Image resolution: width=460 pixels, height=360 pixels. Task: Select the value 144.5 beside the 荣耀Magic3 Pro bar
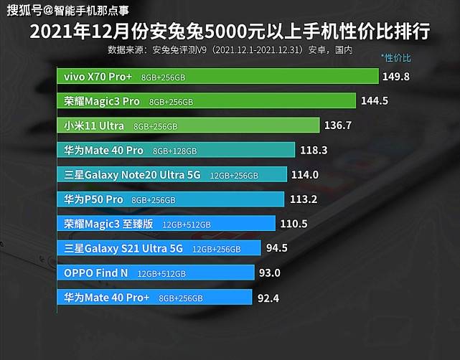(x=374, y=101)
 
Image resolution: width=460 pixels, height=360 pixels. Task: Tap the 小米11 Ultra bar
(x=188, y=125)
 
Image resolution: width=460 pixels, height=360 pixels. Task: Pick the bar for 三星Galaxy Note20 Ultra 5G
(x=172, y=174)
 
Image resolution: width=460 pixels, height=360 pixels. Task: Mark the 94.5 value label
(x=276, y=248)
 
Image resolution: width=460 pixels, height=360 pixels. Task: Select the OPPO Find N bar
(x=156, y=273)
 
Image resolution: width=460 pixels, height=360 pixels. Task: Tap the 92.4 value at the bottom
(x=269, y=297)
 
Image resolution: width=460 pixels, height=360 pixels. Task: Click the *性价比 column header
(x=395, y=56)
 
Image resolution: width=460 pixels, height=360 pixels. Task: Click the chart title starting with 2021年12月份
(x=230, y=32)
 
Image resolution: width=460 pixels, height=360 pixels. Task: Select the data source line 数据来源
(x=230, y=49)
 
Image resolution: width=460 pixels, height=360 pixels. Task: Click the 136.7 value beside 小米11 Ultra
(x=338, y=125)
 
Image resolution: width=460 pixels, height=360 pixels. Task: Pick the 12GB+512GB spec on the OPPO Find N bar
(x=161, y=273)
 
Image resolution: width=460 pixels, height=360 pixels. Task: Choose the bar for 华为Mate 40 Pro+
(x=154, y=297)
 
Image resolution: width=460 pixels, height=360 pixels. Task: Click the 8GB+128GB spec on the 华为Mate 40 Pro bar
(x=177, y=151)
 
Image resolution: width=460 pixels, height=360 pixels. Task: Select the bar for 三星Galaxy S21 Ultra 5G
(x=159, y=248)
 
